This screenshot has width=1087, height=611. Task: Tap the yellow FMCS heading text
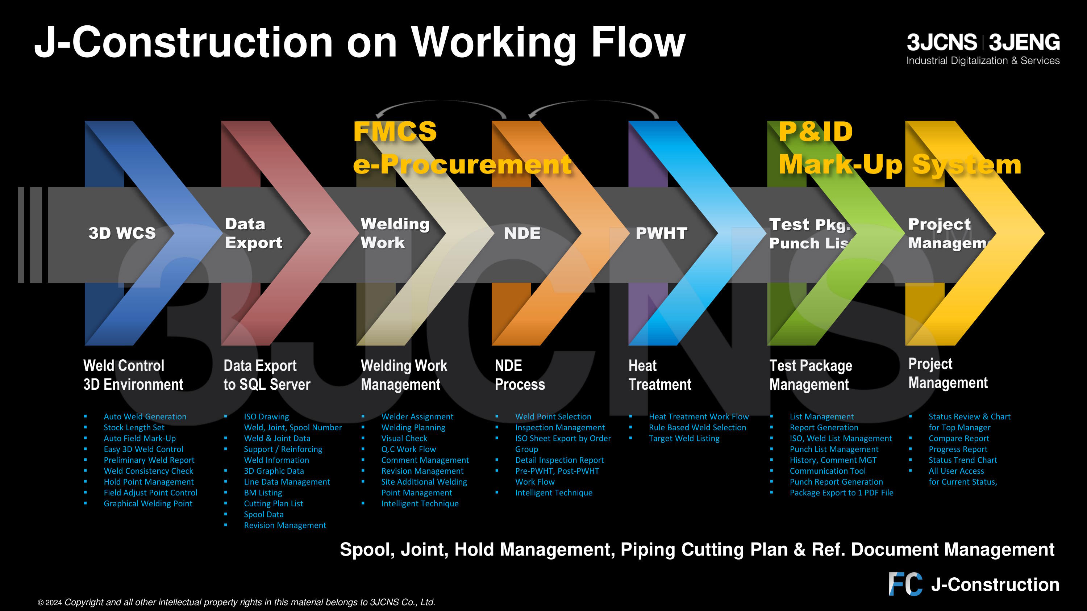(x=395, y=131)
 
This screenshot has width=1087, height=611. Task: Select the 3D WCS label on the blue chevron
(x=122, y=233)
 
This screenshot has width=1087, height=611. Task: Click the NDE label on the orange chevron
(x=522, y=233)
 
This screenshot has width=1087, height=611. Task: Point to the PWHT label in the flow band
(x=661, y=233)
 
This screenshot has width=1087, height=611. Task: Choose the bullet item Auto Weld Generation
(x=145, y=417)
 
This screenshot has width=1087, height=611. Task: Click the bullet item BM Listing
(x=263, y=493)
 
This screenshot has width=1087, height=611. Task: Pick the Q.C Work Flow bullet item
(x=408, y=449)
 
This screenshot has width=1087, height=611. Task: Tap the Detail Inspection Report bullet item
(x=559, y=460)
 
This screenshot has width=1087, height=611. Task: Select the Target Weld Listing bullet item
(x=684, y=439)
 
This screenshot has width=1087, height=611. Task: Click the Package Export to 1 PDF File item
(x=841, y=493)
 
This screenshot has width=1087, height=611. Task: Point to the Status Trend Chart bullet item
(x=962, y=460)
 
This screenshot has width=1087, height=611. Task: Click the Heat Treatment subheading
(x=659, y=375)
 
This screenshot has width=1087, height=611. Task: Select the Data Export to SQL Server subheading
(x=267, y=375)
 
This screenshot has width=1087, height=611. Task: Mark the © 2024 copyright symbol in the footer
(x=41, y=603)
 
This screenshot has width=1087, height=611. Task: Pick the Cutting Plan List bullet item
(x=273, y=503)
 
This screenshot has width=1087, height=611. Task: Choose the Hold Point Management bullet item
(x=149, y=482)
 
